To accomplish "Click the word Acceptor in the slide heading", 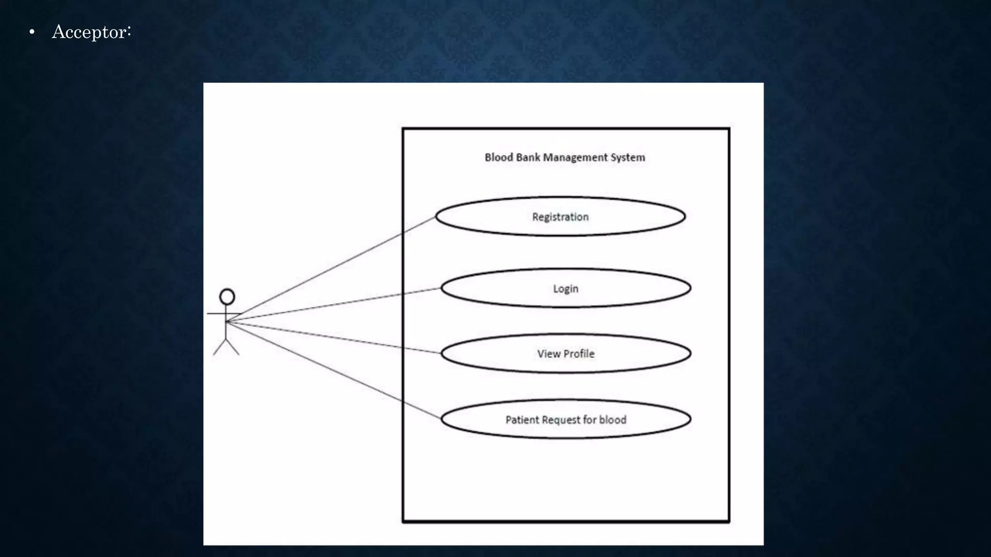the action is (x=90, y=32).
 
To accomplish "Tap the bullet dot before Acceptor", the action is (x=32, y=32).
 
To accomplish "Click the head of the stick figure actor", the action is (x=227, y=297).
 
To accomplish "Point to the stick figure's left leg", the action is (x=220, y=347).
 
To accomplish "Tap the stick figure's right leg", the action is (x=233, y=347).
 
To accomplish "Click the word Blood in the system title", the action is (x=499, y=157).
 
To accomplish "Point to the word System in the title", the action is (x=628, y=158).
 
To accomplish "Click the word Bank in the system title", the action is (x=528, y=157).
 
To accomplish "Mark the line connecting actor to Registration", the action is (x=331, y=269).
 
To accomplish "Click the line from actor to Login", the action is (x=334, y=305).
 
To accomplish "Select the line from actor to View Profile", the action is (x=334, y=337).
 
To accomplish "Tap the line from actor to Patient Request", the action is (x=334, y=370).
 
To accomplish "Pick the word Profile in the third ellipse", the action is (x=579, y=353).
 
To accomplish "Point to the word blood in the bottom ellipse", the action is (x=613, y=420).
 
